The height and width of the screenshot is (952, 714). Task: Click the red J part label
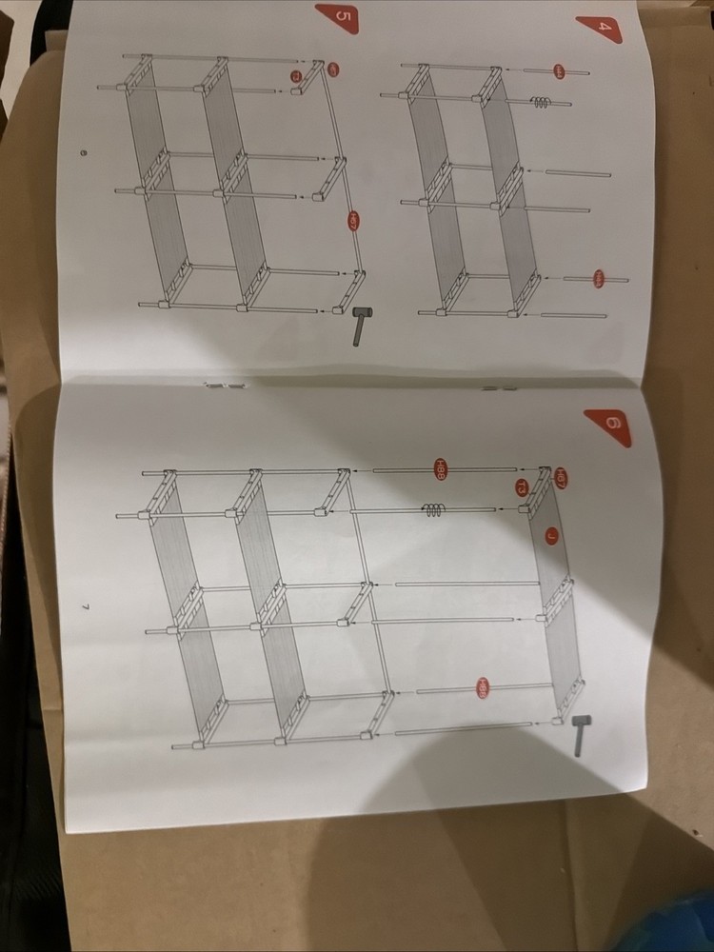(551, 536)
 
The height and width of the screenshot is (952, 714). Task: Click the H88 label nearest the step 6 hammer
(483, 686)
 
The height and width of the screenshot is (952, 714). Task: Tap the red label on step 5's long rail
(352, 222)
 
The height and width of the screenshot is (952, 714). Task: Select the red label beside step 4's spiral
(559, 71)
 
